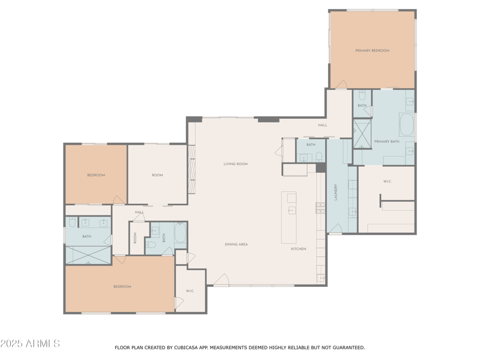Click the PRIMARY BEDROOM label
point(372,50)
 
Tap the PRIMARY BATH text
point(386,142)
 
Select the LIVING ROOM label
point(235,164)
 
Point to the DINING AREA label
point(236,244)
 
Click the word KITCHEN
point(298,248)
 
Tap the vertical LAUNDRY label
point(335,192)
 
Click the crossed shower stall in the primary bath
point(362,133)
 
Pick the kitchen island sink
point(291,210)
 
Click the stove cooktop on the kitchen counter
point(320,208)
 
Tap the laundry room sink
point(353,211)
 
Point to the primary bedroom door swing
point(341,84)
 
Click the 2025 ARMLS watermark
point(30,343)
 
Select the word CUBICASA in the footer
point(188,347)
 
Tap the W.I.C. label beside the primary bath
point(387,181)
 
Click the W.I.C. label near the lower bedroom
point(190,291)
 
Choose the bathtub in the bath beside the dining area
point(181,233)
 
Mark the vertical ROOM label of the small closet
point(136,238)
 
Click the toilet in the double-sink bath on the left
point(71,223)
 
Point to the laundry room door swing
point(335,229)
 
